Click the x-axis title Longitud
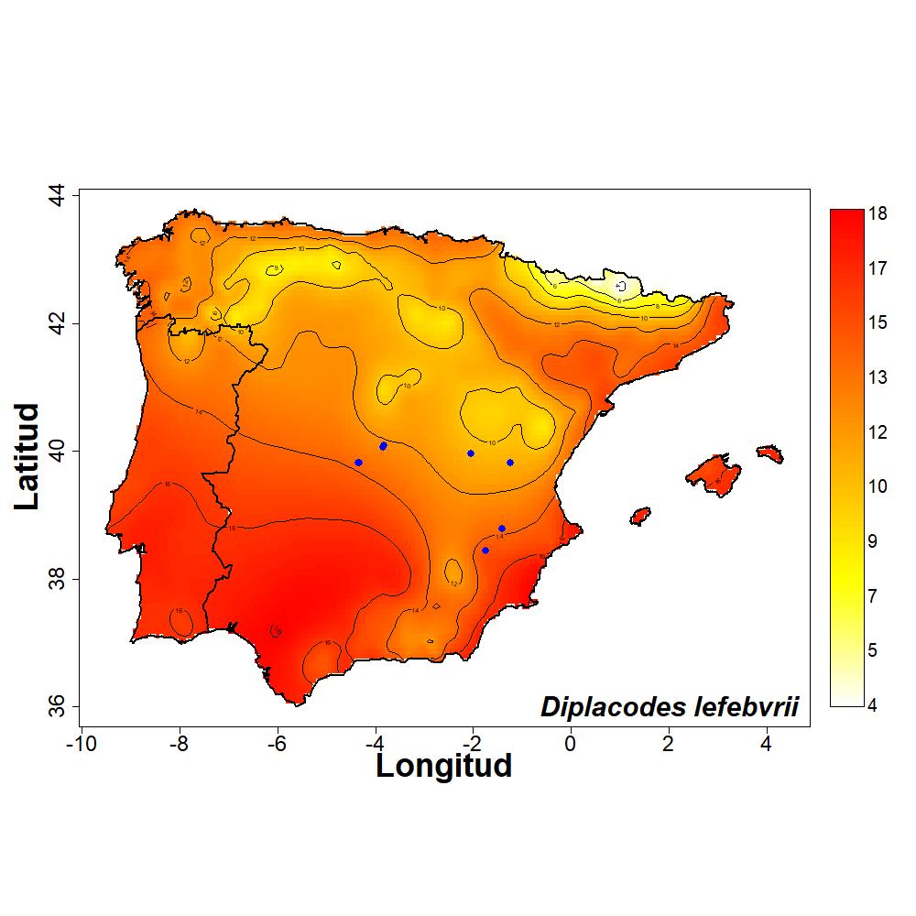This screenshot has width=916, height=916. (x=443, y=765)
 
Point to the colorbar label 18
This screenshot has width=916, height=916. (x=878, y=213)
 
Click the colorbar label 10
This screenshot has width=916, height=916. (x=878, y=486)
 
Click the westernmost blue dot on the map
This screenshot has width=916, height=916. (x=358, y=463)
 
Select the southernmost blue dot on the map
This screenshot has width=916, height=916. (x=485, y=551)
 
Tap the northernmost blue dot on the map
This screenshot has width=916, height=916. (x=383, y=446)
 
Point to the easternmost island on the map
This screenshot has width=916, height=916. (x=770, y=453)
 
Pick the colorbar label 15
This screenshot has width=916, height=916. (x=878, y=322)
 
